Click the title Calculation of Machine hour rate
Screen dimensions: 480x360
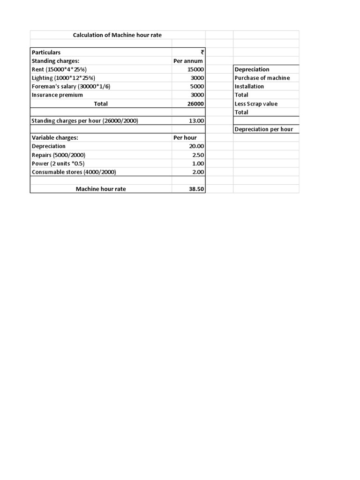coord(117,35)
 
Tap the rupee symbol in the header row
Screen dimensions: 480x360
coord(202,52)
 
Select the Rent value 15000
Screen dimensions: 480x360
coord(195,69)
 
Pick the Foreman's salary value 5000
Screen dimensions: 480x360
coord(197,86)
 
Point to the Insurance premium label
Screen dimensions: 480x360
coord(57,95)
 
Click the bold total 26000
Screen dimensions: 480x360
coord(195,104)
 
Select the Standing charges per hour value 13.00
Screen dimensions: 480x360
coord(196,120)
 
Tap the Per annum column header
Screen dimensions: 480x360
coord(188,61)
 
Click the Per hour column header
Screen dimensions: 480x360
coord(185,138)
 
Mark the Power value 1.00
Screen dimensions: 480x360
coord(198,163)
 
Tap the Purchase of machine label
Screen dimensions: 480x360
coord(262,78)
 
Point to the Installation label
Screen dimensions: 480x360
coord(249,86)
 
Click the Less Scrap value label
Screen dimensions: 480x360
coord(256,104)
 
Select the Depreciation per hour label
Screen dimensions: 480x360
coord(263,129)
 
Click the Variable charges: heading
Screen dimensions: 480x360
coord(55,138)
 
